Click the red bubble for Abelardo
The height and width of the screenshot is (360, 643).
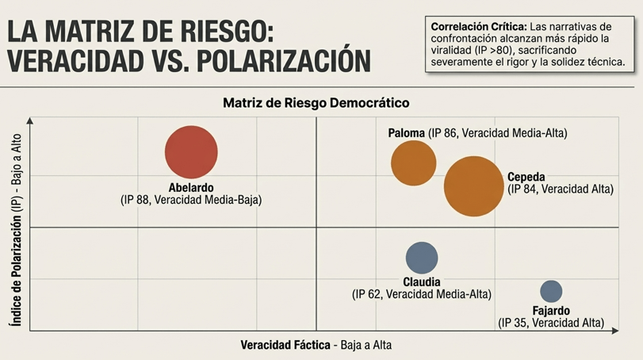click(191, 152)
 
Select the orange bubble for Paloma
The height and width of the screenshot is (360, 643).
click(414, 163)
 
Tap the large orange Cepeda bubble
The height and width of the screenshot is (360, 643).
click(473, 186)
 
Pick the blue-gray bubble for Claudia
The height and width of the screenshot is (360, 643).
click(422, 257)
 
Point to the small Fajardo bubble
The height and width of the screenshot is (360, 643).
click(551, 291)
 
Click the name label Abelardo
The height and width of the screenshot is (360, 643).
click(191, 187)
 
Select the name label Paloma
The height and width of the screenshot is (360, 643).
click(407, 132)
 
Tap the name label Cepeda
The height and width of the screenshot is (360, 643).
click(526, 177)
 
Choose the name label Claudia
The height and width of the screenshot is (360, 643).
click(422, 281)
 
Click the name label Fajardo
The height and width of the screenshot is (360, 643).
click(551, 311)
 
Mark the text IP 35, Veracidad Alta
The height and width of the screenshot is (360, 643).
click(551, 323)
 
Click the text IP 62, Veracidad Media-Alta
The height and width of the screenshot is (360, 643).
click(422, 294)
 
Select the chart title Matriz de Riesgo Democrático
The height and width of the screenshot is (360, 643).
click(316, 103)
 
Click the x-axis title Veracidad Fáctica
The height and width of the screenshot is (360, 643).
click(286, 346)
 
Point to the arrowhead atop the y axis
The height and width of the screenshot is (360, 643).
click(30, 120)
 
